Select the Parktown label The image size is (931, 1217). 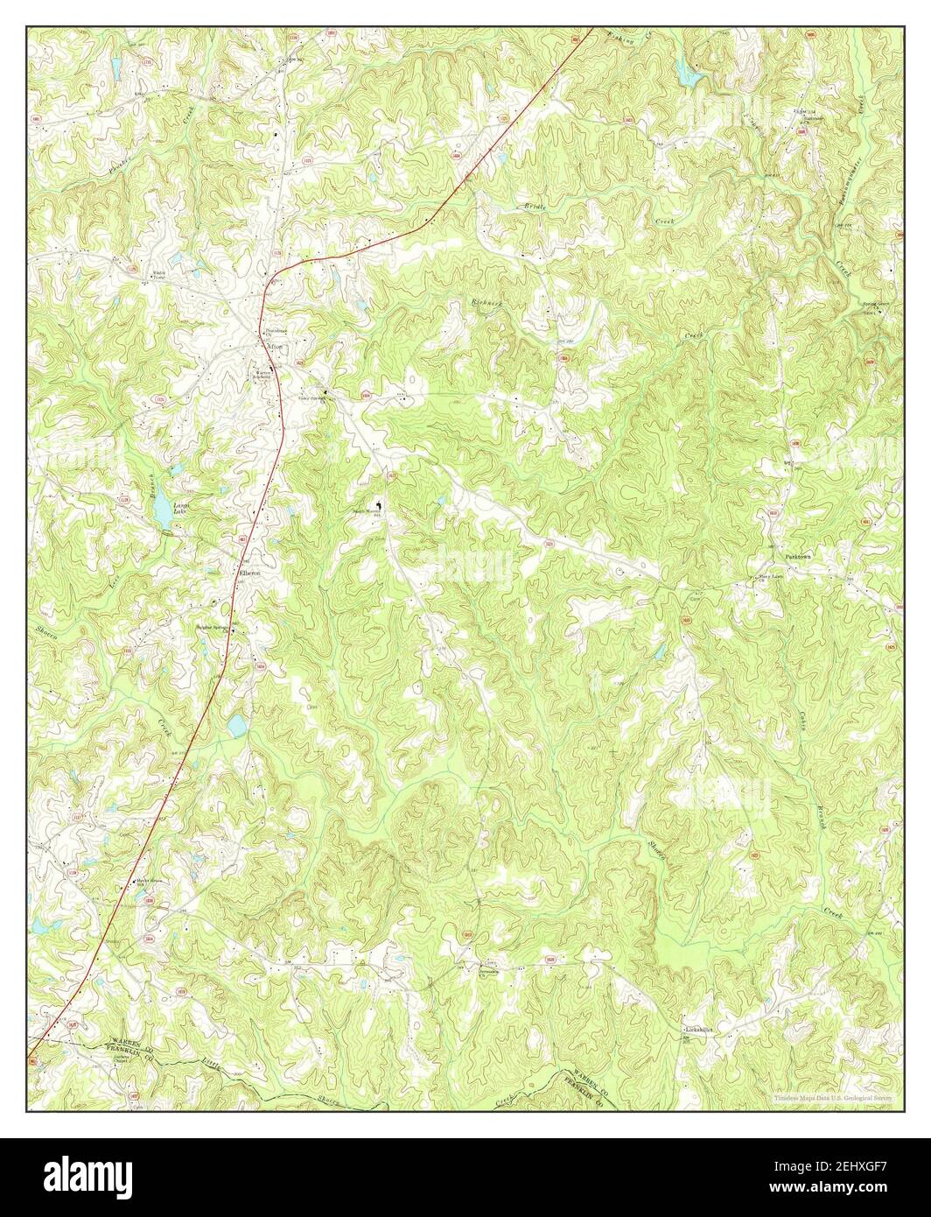799,557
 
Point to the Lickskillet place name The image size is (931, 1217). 699,1031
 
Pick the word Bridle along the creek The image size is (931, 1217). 534,208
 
